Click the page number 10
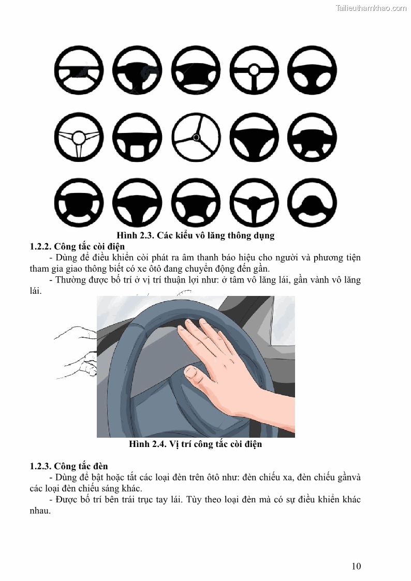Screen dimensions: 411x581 pyautogui.click(x=356, y=566)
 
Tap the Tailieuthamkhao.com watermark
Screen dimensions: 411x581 pyautogui.click(x=371, y=8)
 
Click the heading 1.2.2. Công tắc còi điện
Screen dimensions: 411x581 pyautogui.click(x=78, y=246)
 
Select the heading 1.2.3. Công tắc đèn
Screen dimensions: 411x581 pyautogui.click(x=69, y=466)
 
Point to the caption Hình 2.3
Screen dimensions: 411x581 pyautogui.click(x=196, y=235)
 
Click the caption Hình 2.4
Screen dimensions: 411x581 pyautogui.click(x=196, y=444)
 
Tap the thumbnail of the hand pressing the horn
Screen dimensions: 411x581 pyautogui.click(x=196, y=366)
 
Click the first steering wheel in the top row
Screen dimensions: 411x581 pyautogui.click(x=79, y=70)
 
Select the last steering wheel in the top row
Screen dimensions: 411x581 pyautogui.click(x=312, y=70)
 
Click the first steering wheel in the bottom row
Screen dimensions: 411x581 pyautogui.click(x=79, y=203)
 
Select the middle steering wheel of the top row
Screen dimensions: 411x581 pyautogui.click(x=196, y=70)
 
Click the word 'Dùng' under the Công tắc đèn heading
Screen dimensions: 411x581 pyautogui.click(x=66, y=477)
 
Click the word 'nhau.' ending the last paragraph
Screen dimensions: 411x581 pyautogui.click(x=40, y=511)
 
